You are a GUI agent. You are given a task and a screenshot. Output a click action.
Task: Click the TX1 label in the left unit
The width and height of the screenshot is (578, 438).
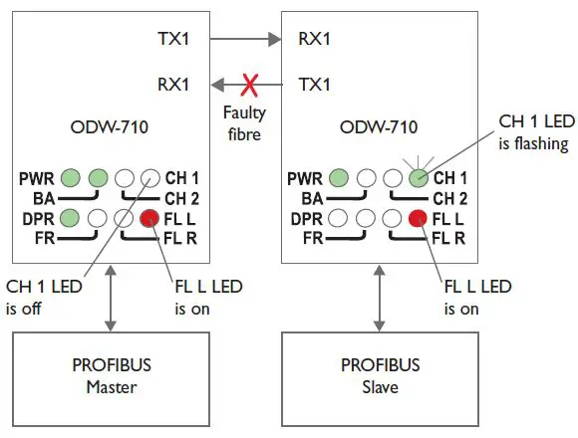click(171, 41)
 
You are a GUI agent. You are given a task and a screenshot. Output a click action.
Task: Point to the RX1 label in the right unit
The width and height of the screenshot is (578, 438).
click(315, 41)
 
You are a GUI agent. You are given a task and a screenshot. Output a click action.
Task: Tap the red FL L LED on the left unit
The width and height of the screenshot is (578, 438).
click(149, 218)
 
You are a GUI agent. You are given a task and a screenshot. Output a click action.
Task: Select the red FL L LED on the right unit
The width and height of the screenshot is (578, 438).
click(419, 218)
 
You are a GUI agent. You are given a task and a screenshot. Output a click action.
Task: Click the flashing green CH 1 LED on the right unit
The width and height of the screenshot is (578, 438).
click(419, 179)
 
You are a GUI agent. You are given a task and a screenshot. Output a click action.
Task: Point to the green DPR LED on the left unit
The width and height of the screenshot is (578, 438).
click(70, 218)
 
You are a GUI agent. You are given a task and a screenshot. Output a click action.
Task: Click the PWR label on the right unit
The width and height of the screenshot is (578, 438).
click(304, 179)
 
